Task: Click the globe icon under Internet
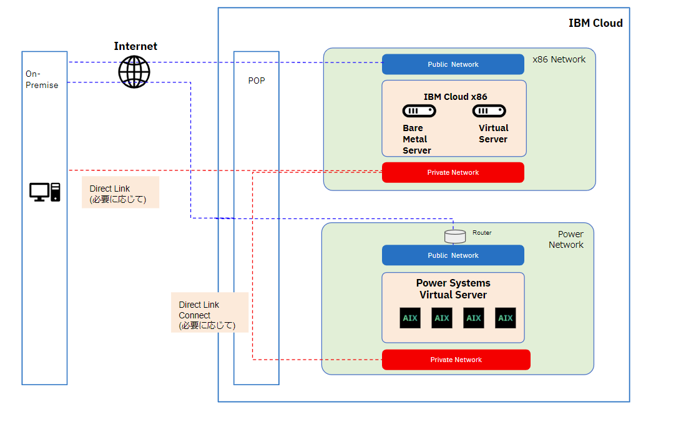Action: tap(134, 71)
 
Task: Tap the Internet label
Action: tap(135, 46)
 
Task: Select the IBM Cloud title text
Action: tap(595, 23)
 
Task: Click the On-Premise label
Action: tap(42, 79)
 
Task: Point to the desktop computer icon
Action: tap(45, 192)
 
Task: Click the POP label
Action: tap(256, 81)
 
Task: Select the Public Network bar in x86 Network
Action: tap(453, 64)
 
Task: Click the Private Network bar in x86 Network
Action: tap(453, 172)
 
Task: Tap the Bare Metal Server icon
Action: tap(419, 111)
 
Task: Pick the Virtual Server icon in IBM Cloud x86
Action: tap(489, 111)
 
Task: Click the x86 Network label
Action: tap(559, 59)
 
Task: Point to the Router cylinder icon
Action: tap(454, 236)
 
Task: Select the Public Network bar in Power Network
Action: tap(453, 255)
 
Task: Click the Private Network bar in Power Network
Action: tap(456, 360)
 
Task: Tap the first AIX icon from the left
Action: tap(410, 318)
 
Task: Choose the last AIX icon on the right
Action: tap(505, 318)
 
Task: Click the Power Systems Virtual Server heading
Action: tap(453, 289)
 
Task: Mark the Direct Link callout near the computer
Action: tap(120, 192)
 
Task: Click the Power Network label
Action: tap(566, 240)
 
